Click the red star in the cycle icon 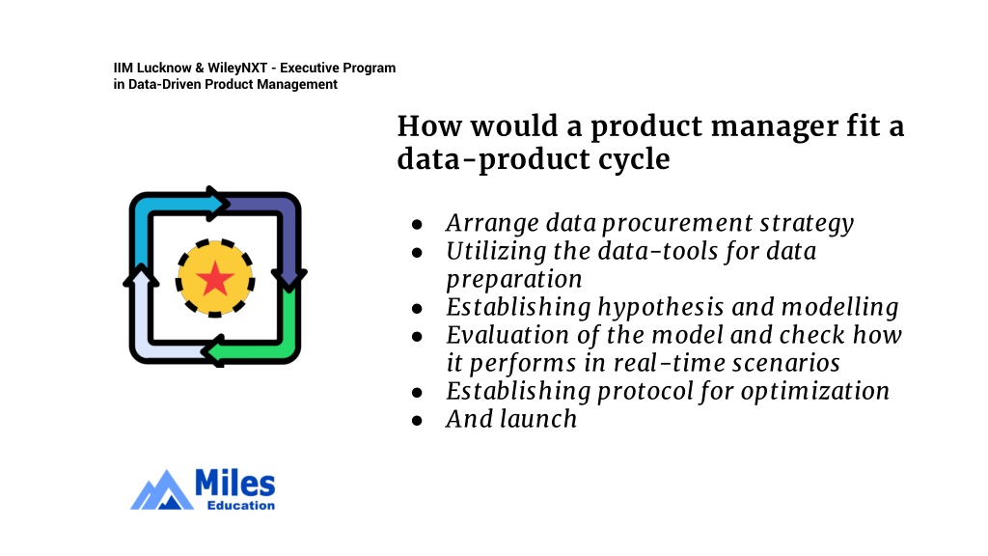coord(215,278)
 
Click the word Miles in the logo coord(235,484)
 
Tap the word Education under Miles coord(241,505)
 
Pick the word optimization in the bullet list coord(815,392)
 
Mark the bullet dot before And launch coord(417,421)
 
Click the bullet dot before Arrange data coord(417,224)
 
